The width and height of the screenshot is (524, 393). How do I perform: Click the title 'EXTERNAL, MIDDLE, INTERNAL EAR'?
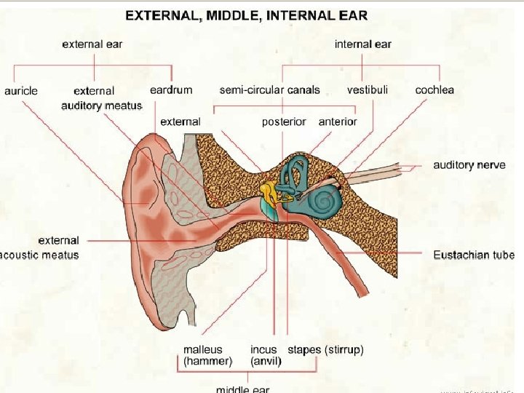pos(247,15)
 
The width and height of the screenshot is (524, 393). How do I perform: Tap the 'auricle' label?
pos(21,91)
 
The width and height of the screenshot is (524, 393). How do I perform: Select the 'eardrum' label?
pos(171,90)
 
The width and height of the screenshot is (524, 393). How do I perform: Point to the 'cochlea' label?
pos(434,90)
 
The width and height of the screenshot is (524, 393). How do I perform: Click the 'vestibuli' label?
pos(368,90)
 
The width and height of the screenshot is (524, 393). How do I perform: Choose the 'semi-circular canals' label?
pos(269,90)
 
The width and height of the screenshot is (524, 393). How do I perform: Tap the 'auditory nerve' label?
pos(469,165)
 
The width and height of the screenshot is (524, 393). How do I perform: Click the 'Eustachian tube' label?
pos(473,255)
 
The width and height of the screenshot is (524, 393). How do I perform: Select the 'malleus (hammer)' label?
pos(207,355)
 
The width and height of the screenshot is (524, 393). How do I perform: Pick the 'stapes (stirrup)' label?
pos(326,350)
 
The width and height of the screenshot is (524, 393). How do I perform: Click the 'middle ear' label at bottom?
pos(242,389)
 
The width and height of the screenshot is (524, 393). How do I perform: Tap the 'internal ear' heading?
pos(362,44)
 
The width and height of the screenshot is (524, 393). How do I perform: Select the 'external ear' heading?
pos(92,44)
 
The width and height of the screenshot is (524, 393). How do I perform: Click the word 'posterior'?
pos(284,122)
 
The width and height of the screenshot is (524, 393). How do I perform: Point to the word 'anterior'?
pos(338,122)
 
